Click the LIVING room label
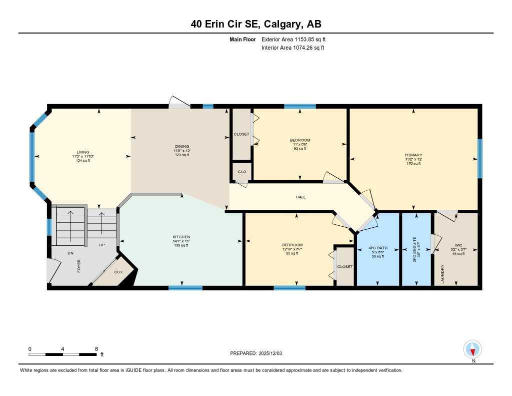pyautogui.click(x=82, y=152)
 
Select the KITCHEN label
pyautogui.click(x=181, y=237)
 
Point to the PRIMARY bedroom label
pyautogui.click(x=413, y=155)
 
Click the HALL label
pyautogui.click(x=300, y=197)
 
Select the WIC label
pyautogui.click(x=458, y=245)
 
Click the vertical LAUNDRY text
pyautogui.click(x=442, y=274)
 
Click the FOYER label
pyautogui.click(x=79, y=265)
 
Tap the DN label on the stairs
pyautogui.click(x=70, y=253)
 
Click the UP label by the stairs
pyautogui.click(x=101, y=245)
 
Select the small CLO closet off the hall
pyautogui.click(x=241, y=172)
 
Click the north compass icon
pyautogui.click(x=472, y=348)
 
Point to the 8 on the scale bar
pyautogui.click(x=96, y=348)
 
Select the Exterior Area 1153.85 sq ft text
pyautogui.click(x=294, y=39)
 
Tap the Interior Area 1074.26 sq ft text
pyautogui.click(x=293, y=48)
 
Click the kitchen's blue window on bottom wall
pyautogui.click(x=185, y=288)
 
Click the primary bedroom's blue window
pyautogui.click(x=480, y=158)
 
